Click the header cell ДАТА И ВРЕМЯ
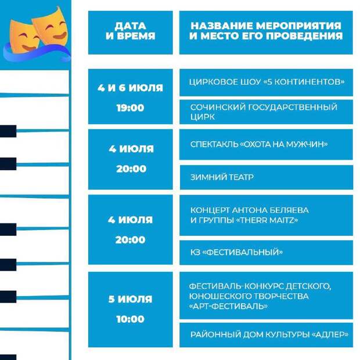click(131, 33)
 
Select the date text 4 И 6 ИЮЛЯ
click(131, 88)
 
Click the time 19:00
click(131, 108)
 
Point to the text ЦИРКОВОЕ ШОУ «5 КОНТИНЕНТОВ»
click(267, 82)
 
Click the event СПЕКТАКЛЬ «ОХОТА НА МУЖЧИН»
click(259, 144)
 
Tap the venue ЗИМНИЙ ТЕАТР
click(222, 177)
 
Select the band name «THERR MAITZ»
click(267, 220)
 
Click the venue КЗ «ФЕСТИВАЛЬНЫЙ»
click(236, 252)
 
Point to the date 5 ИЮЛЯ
click(131, 299)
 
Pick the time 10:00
click(131, 319)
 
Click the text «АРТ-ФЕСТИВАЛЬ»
click(228, 306)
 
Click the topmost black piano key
click(8, 131)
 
